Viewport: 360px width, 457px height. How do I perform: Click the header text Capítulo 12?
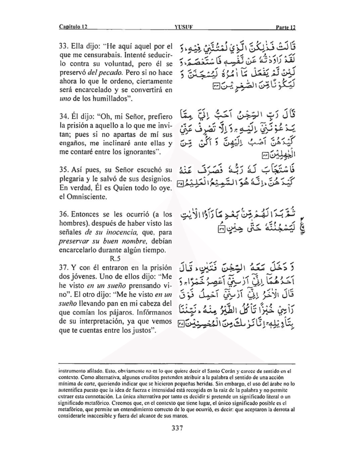point(73,26)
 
